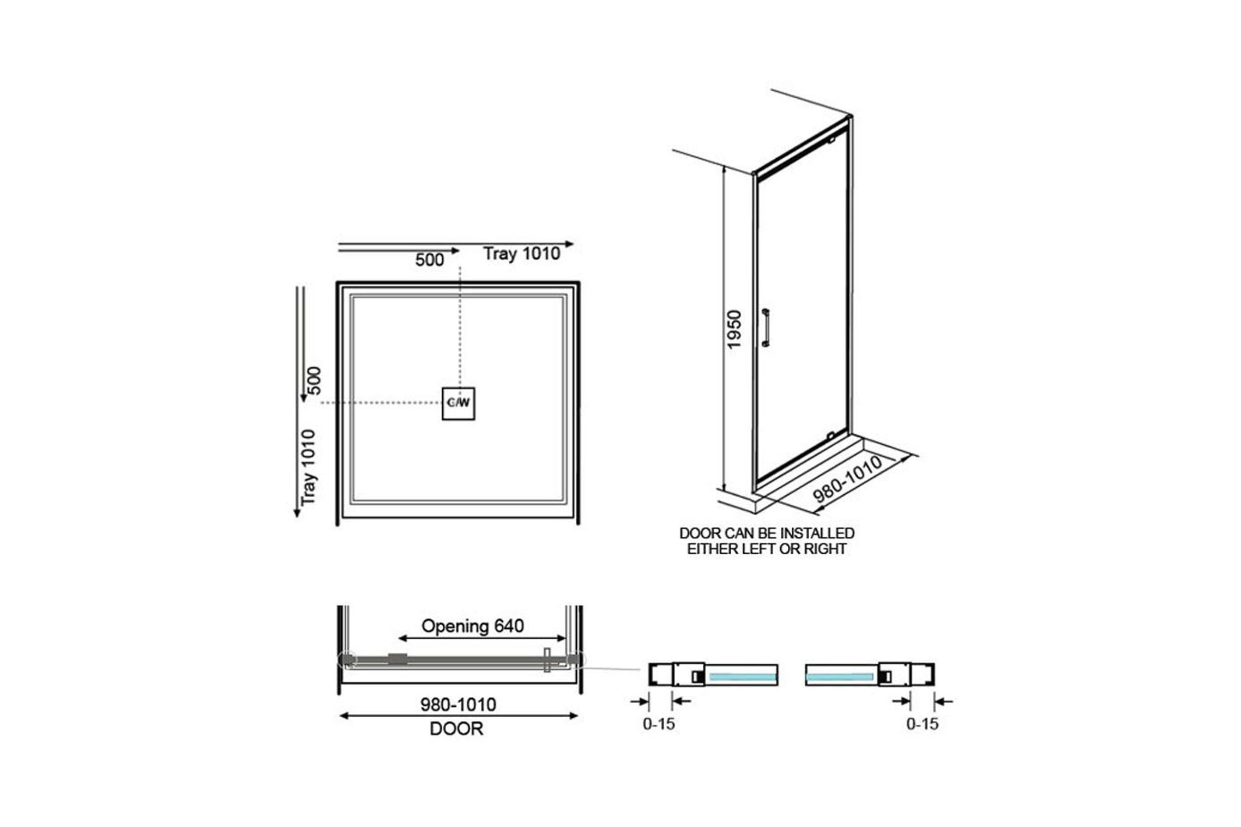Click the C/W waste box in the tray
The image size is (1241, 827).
coord(458,404)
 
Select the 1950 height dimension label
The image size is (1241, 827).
coord(734,329)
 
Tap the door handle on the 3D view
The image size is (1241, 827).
coord(766,327)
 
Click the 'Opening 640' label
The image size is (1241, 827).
coord(472,626)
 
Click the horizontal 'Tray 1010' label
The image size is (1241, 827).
coord(521,254)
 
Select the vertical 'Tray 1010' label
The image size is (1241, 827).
coord(308,467)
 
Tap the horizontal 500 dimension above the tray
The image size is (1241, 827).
coord(429,260)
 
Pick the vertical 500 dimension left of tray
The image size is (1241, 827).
coord(313,380)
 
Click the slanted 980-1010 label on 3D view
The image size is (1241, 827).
coord(847,479)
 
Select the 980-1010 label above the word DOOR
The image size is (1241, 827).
coord(458,704)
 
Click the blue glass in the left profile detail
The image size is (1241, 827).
coord(742,677)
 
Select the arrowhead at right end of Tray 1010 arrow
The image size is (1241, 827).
coord(569,244)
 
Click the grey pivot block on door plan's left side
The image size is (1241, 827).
coord(398,658)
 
